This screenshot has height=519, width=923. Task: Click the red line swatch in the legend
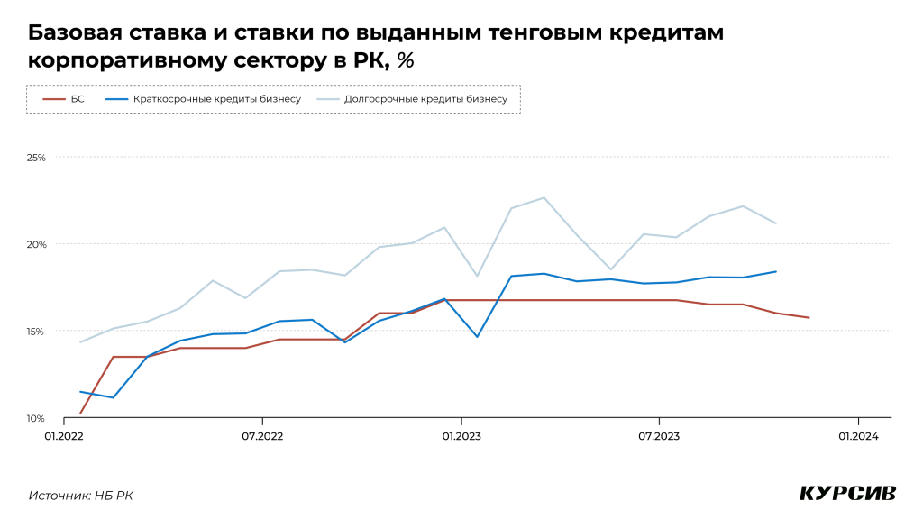pos(54,99)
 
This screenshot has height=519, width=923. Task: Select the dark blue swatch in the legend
pos(117,99)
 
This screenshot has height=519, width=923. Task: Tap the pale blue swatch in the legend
pos(328,99)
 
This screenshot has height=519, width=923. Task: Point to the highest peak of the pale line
pos(544,197)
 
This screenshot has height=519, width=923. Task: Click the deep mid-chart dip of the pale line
pos(477,276)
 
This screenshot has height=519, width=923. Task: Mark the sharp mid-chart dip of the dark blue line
pos(477,336)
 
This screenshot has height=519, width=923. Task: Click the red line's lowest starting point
pos(80,413)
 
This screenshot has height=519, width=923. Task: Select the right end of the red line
pos(809,318)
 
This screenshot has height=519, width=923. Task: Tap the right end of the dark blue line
pos(776,271)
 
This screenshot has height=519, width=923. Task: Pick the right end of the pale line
pos(776,223)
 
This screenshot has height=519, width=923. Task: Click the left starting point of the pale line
pos(80,341)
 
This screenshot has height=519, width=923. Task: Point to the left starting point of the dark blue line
pos(80,391)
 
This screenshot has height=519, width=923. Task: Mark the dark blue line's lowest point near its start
pos(113,397)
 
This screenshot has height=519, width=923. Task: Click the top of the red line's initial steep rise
pos(113,357)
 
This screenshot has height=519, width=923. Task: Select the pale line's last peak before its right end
pos(743,205)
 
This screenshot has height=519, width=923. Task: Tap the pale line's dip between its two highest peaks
pos(610,269)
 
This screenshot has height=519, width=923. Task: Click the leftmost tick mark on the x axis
pos(64,421)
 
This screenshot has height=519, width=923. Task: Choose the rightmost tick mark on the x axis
pos(858,421)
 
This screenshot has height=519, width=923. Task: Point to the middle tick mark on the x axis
pos(461,421)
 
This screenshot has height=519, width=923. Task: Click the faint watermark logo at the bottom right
pos(847,493)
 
